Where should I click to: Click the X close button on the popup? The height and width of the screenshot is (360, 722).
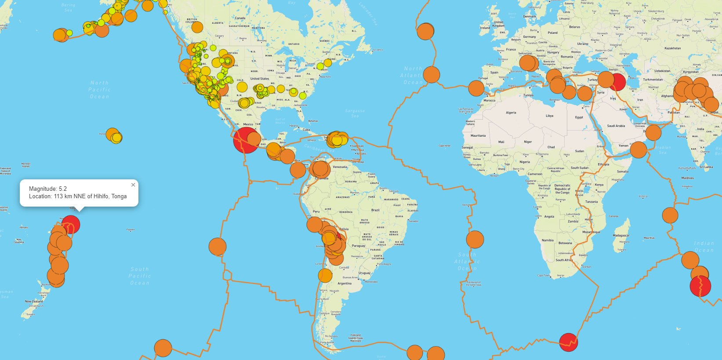[133, 185]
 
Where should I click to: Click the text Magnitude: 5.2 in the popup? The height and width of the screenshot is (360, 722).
[48, 189]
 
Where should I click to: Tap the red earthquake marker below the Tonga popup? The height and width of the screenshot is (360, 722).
[70, 224]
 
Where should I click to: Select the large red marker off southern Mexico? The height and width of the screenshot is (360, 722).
[246, 140]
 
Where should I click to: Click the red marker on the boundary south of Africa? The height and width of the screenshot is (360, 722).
[568, 342]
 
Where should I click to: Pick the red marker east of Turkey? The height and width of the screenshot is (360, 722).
[618, 82]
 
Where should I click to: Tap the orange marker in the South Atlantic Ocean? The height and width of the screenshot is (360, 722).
[475, 240]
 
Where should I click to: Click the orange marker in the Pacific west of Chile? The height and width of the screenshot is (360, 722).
[217, 247]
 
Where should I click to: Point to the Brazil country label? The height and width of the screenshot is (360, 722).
[375, 210]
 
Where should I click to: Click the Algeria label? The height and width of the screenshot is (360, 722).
[511, 113]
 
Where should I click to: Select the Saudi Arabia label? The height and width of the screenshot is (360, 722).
[616, 126]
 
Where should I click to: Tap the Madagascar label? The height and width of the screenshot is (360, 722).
[621, 236]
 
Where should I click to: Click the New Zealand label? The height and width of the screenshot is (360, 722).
[34, 302]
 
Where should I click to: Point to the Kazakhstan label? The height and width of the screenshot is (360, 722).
[672, 48]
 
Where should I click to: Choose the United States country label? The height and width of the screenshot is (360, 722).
[260, 79]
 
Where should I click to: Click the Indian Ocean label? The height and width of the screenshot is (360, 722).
[704, 247]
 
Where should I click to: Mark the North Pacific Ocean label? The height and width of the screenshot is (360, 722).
[99, 90]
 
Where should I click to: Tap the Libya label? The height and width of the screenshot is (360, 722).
[549, 116]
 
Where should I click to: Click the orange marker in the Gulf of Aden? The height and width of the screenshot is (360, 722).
[638, 150]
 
